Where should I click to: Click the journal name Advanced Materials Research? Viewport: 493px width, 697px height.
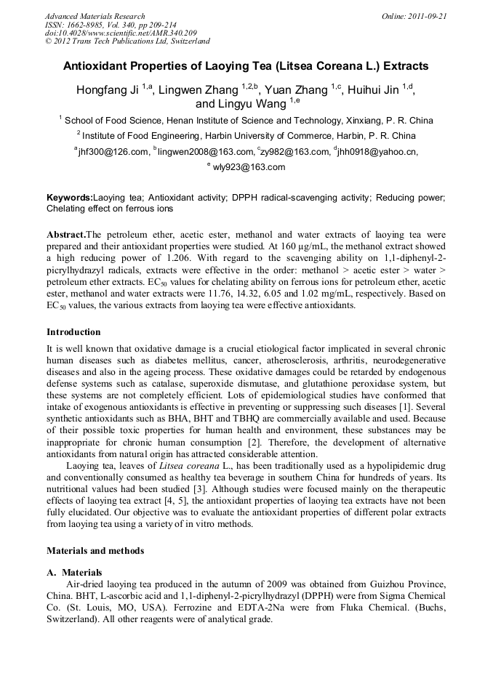95,16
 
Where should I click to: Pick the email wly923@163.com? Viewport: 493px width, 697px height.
249,167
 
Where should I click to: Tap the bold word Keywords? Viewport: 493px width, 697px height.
70,198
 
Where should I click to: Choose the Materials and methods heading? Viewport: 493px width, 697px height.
95,551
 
